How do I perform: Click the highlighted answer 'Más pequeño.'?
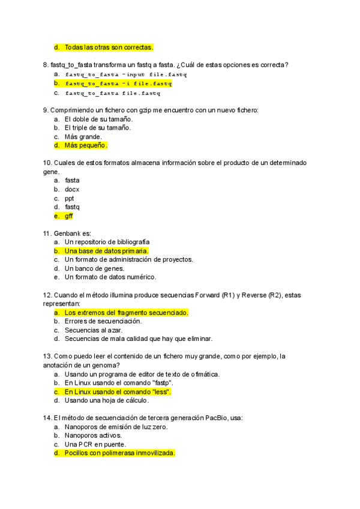click(x=85, y=145)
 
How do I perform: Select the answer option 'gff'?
click(x=69, y=216)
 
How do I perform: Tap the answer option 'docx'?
click(x=72, y=189)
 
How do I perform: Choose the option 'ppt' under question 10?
click(x=70, y=198)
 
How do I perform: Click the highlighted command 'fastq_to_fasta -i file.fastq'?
click(x=119, y=83)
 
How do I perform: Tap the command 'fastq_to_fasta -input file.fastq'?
click(x=126, y=74)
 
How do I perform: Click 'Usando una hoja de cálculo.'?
click(x=107, y=400)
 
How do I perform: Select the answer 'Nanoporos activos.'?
click(x=93, y=435)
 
